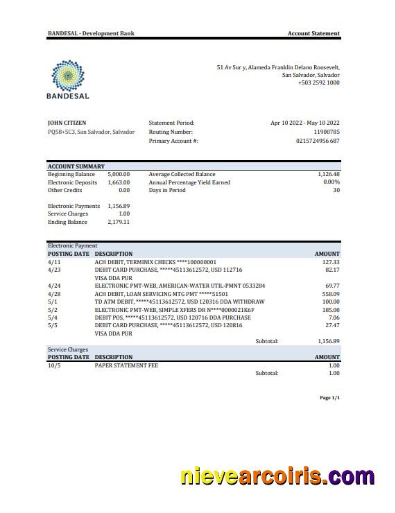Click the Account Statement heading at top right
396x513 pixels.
click(x=313, y=33)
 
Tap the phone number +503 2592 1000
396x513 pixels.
click(x=318, y=82)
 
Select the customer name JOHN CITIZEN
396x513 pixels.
click(x=67, y=123)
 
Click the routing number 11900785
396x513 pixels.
click(x=327, y=132)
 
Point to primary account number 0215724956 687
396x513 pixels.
click(x=318, y=141)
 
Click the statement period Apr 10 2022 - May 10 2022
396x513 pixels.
click(x=305, y=123)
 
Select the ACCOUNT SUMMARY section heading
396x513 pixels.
click(x=76, y=166)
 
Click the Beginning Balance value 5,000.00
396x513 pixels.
click(x=119, y=175)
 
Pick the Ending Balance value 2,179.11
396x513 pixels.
click(x=119, y=223)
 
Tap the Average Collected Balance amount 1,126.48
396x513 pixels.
click(x=329, y=175)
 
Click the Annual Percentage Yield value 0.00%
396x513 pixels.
click(x=332, y=182)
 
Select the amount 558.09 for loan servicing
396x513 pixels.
click(x=331, y=293)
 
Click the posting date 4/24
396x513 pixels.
click(x=53, y=286)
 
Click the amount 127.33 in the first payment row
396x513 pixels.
click(x=331, y=262)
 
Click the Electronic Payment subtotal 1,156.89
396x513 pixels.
click(x=329, y=341)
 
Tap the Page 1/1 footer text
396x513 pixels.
click(x=329, y=398)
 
